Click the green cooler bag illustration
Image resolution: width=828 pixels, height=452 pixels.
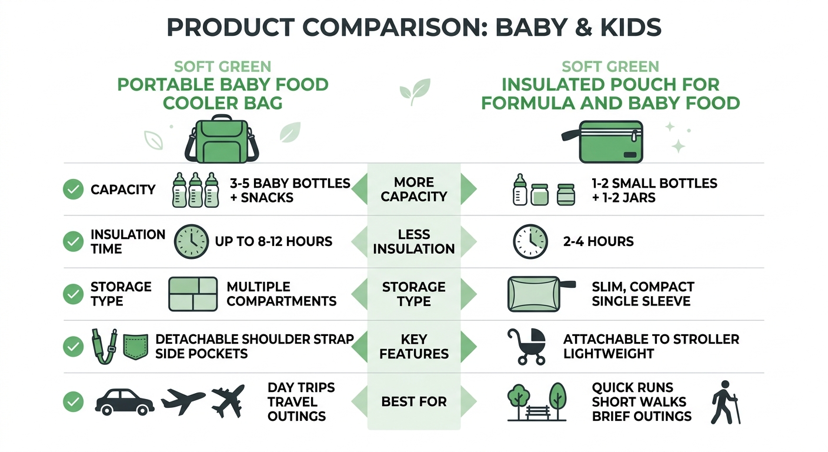tap(222, 140)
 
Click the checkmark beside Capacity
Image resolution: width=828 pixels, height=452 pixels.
tap(73, 190)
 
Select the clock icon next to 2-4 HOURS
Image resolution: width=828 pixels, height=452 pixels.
tap(530, 241)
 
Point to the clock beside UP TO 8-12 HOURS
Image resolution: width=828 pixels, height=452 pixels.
tap(192, 241)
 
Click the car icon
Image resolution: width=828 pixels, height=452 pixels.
tap(124, 401)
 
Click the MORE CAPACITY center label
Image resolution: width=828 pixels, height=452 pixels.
tap(414, 190)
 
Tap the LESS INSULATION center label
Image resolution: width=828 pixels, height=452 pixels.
tap(414, 241)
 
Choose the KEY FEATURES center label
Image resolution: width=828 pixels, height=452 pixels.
tap(414, 347)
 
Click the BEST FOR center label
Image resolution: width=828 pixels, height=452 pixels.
tap(414, 402)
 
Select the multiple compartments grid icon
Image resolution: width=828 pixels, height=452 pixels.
tap(193, 294)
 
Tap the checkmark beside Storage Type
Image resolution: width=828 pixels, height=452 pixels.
tap(73, 294)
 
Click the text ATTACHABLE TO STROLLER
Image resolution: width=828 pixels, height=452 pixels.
tap(651, 340)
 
